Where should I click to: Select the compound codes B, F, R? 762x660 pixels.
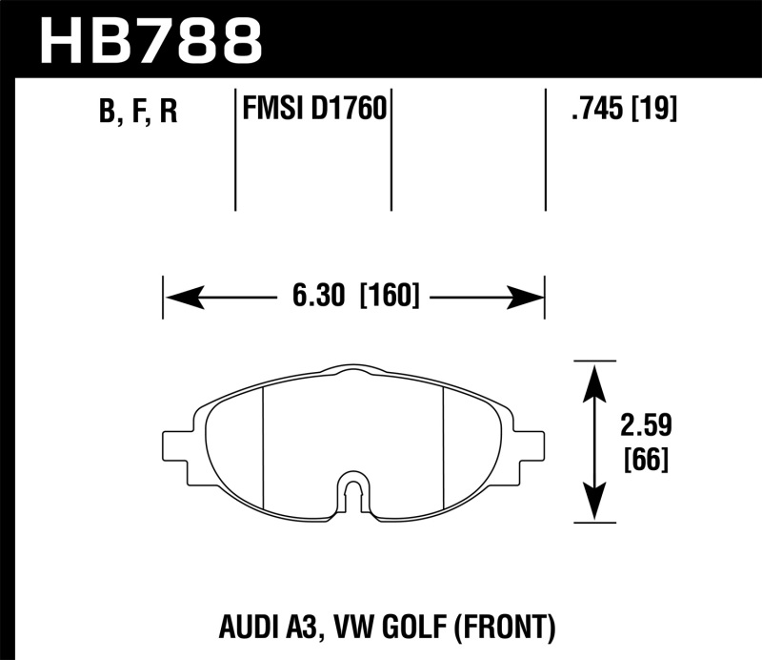tap(138, 113)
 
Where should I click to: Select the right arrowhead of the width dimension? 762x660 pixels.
tap(528, 298)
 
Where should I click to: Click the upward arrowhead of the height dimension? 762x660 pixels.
tap(595, 376)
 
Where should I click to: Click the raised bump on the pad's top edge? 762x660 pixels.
tap(353, 370)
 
